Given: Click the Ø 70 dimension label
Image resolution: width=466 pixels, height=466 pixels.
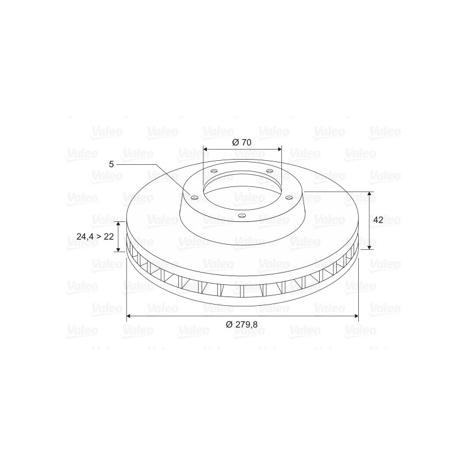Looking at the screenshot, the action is point(242,142).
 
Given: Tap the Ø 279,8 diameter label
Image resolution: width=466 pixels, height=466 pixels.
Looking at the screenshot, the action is point(242,324).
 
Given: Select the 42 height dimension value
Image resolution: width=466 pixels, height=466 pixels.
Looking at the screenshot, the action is point(378,220).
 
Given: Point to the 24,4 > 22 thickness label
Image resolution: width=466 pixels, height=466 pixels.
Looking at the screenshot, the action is point(95,236).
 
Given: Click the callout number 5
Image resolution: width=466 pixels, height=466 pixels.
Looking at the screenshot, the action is point(111,164).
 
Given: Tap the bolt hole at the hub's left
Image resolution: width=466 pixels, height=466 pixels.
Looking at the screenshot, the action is point(195,198).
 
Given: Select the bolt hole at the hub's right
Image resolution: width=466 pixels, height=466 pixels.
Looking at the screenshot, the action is point(288,197).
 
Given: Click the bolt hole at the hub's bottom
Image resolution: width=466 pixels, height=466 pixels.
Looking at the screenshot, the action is point(242,216).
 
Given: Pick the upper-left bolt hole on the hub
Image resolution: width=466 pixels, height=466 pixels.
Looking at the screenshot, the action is point(214,171).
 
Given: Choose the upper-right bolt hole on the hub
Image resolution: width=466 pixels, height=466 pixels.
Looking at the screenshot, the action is point(269,171).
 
